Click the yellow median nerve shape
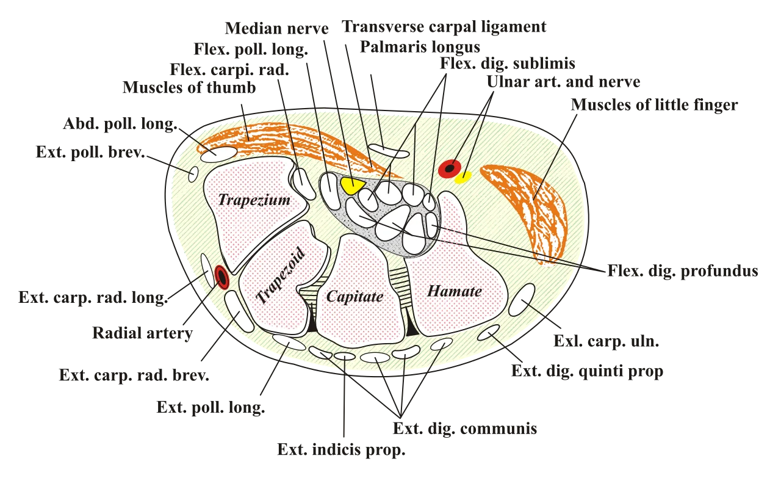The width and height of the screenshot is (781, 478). [x=352, y=185]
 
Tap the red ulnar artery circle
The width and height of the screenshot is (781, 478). [x=450, y=169]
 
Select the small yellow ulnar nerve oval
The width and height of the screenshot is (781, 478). [x=463, y=177]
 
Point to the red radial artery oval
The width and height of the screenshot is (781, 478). [x=221, y=277]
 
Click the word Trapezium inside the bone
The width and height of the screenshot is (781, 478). [x=254, y=200]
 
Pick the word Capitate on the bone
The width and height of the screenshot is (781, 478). [x=355, y=297]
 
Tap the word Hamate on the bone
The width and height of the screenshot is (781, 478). [x=455, y=291]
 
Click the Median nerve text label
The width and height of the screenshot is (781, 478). [x=276, y=28]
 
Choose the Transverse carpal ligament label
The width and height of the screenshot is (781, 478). [x=444, y=26]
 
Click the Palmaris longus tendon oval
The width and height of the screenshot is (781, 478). [x=389, y=151]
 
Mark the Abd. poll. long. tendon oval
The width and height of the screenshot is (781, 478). [x=219, y=154]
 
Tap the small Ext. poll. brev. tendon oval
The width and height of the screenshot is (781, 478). [x=193, y=174]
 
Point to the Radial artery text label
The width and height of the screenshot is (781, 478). [x=142, y=333]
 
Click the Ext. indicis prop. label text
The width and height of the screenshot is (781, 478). [x=341, y=450]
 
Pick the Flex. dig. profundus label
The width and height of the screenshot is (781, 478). [x=683, y=271]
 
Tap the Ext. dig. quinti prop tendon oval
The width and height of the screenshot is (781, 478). [x=489, y=333]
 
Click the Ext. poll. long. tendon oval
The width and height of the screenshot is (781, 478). [x=289, y=342]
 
